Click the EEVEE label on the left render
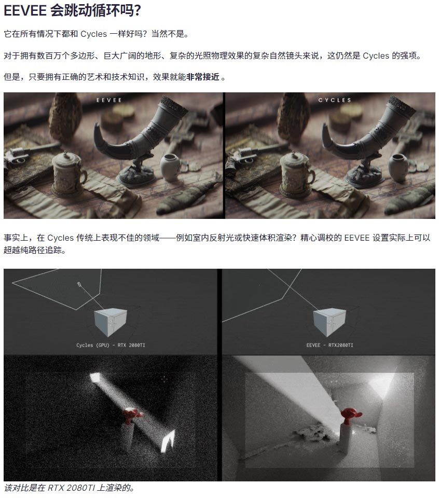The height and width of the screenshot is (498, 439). click(109, 100)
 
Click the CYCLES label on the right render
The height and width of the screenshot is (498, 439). click(335, 100)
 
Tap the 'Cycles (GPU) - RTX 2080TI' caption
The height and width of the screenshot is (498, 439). click(111, 345)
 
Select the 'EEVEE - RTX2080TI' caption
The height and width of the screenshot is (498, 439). click(330, 345)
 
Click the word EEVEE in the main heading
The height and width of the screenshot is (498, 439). click(25, 11)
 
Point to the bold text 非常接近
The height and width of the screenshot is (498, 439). click(203, 77)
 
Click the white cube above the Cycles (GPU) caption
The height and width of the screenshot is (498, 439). click(111, 322)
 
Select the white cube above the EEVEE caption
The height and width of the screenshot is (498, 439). click(330, 322)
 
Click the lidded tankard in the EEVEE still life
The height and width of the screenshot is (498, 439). click(68, 173)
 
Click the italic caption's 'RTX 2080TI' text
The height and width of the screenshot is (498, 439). click(71, 488)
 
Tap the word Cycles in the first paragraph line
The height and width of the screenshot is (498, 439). click(94, 34)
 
